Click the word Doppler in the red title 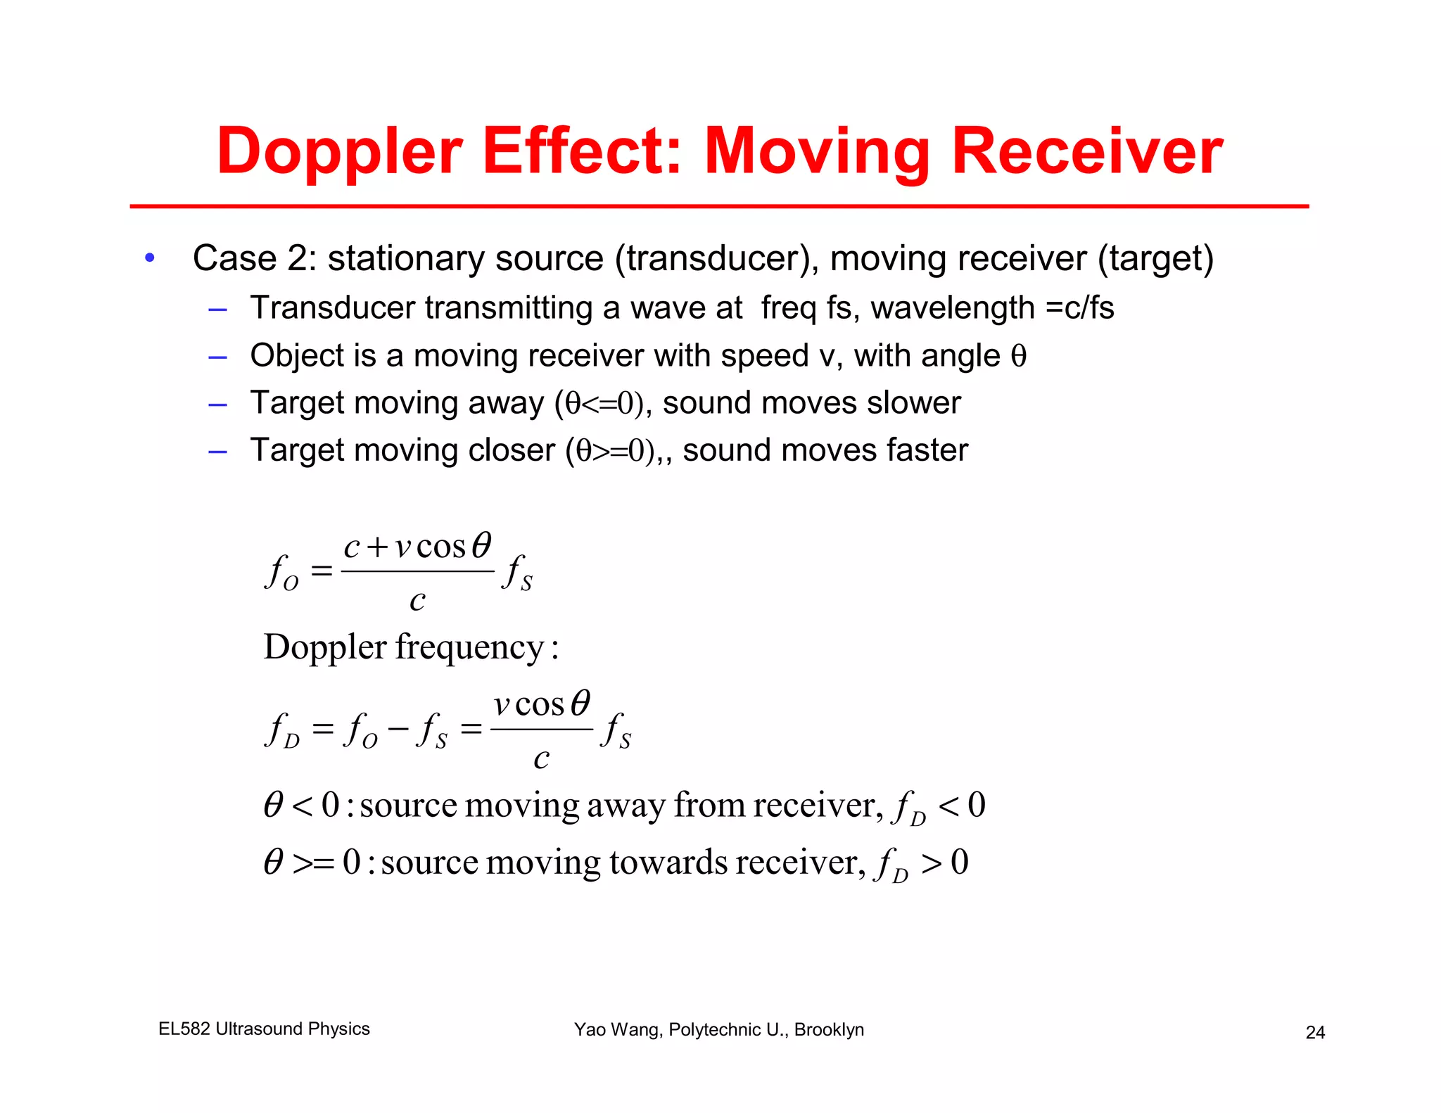[339, 152]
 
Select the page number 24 [1315, 1032]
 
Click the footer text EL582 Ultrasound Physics [264, 1029]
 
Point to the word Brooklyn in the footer [829, 1029]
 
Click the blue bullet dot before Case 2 [149, 258]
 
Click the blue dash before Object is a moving [217, 357]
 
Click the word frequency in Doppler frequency [469, 647]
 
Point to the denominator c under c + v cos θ [417, 600]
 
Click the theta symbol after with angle [1018, 356]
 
